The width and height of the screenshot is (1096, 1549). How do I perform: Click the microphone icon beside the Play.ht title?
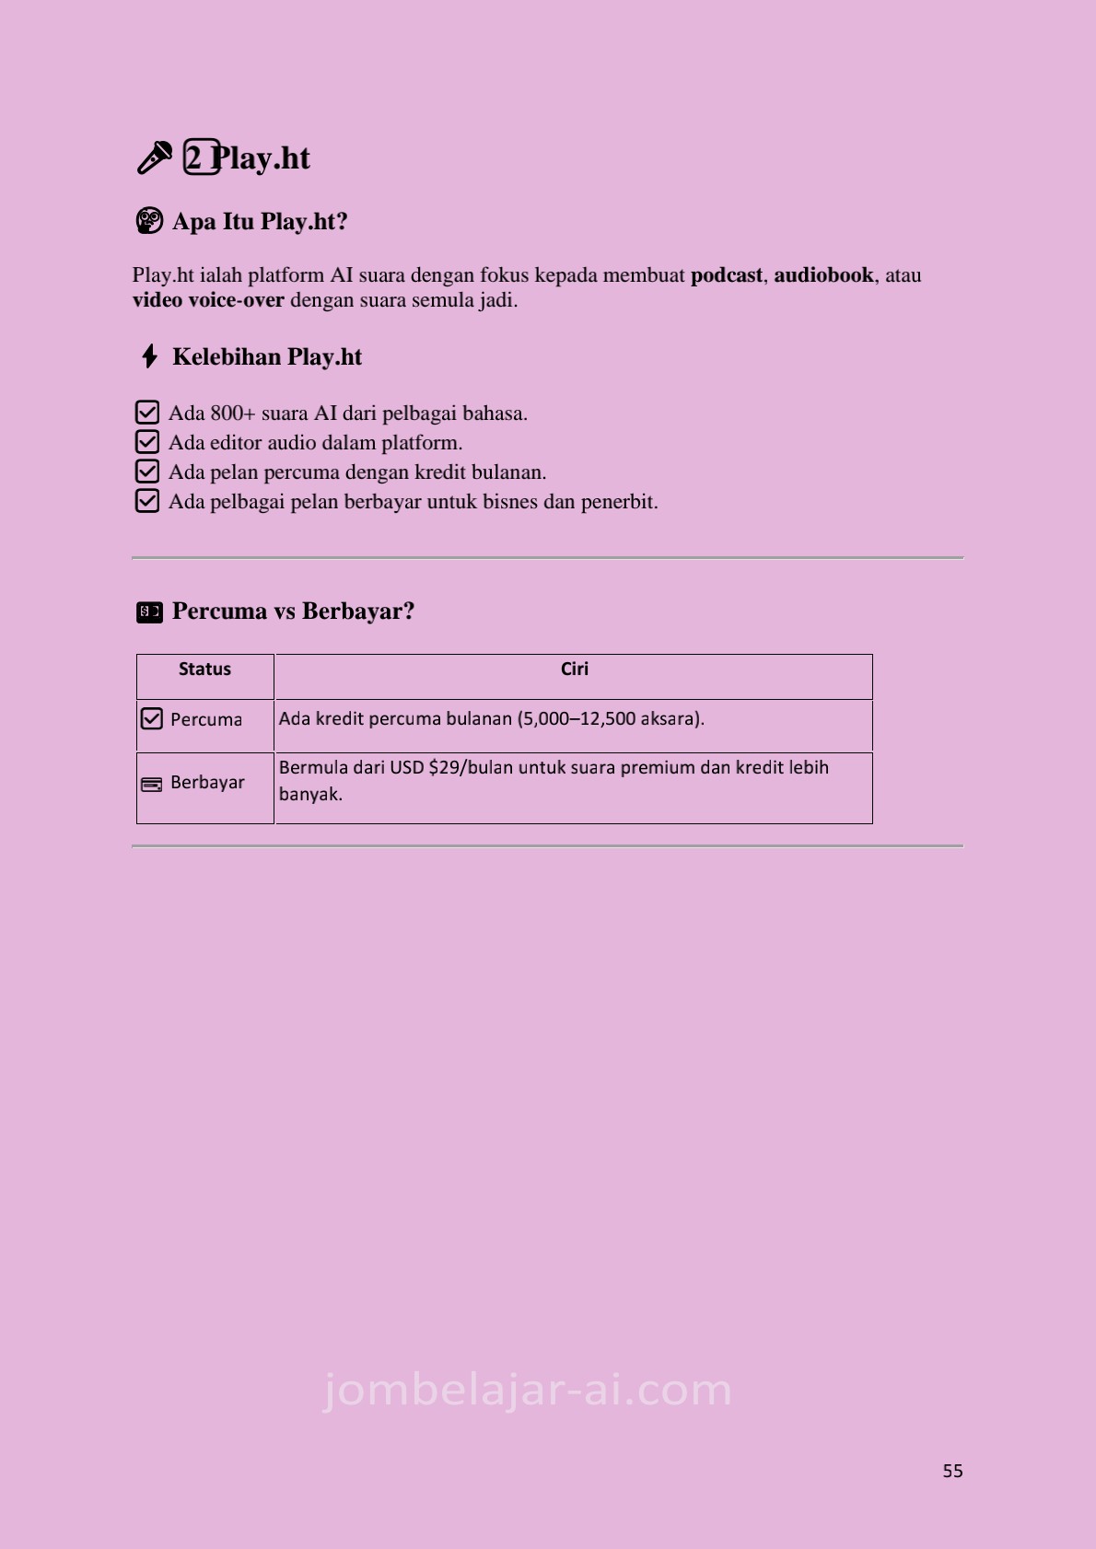[x=154, y=157]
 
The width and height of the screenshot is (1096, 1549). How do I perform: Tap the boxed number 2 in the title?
[x=201, y=157]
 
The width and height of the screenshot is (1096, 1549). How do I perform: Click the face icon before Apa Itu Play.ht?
[x=149, y=221]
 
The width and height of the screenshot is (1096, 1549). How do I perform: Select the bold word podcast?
[x=727, y=275]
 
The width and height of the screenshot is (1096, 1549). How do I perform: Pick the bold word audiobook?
[x=823, y=275]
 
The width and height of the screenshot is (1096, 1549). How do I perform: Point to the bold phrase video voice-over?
[x=208, y=300]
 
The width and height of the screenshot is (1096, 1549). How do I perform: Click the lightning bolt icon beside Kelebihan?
[x=149, y=356]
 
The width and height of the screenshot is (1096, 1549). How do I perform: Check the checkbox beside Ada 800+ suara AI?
[x=147, y=413]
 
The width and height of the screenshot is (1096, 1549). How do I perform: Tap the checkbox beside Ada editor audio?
[x=147, y=442]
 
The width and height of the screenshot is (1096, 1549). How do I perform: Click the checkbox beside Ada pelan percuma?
[x=147, y=472]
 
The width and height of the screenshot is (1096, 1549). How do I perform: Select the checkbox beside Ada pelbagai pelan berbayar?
[x=147, y=501]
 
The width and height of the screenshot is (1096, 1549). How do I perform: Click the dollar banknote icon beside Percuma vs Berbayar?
[x=149, y=611]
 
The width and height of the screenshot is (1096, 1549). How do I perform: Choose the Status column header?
[x=204, y=670]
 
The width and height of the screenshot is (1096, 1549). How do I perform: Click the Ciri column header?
[x=574, y=670]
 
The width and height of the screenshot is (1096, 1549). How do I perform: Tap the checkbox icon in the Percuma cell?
[x=152, y=718]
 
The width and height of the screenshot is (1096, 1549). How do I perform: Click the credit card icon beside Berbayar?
[x=152, y=784]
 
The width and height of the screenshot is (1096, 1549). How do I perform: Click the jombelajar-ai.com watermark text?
[x=528, y=1390]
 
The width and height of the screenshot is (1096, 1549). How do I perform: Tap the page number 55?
[x=952, y=1471]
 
